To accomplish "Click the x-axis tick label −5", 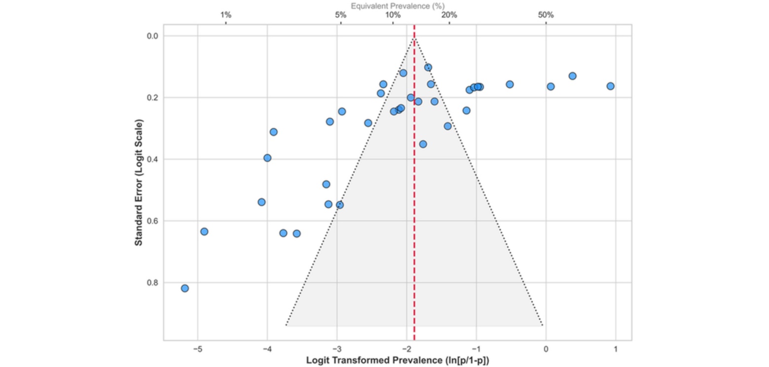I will pos(197,348).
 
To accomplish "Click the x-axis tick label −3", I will pos(336,348).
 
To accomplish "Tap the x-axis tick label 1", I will pos(616,348).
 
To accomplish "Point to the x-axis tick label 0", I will pos(546,348).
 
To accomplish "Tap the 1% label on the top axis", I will pos(225,15).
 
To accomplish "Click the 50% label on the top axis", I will pos(546,15).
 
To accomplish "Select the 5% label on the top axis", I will pos(340,15).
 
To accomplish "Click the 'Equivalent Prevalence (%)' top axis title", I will pos(398,5).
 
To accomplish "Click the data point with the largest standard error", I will pos(185,288).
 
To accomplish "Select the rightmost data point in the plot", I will pos(610,86).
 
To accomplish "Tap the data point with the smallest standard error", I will pos(428,67).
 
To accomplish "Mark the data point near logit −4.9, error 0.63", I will pos(204,231).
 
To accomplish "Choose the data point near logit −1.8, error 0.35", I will pos(423,144).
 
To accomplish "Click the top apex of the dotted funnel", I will pos(414,38).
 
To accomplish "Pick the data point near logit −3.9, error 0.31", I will pos(273,132).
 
